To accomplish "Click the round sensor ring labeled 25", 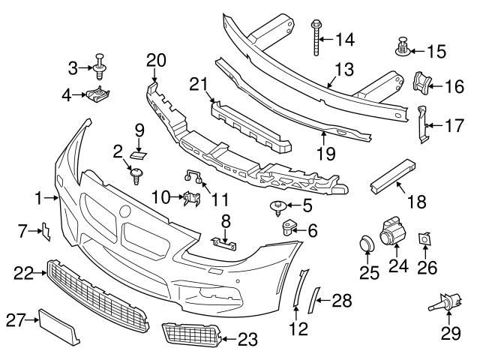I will [367, 245].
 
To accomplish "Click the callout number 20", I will [154, 59].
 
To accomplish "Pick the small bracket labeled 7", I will [46, 233].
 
